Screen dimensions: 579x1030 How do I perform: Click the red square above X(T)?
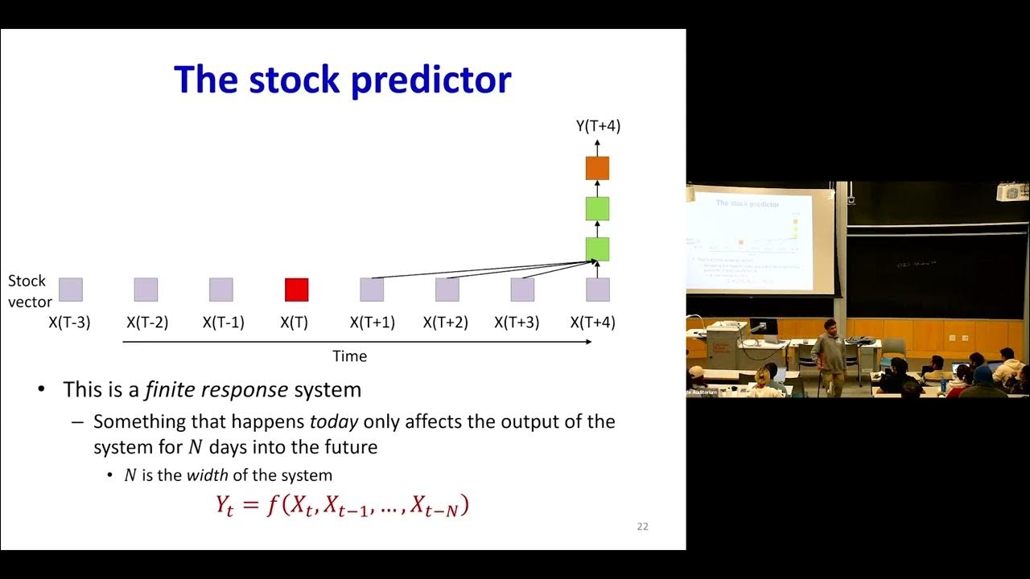click(x=296, y=289)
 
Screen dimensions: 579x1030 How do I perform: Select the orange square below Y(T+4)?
click(x=597, y=168)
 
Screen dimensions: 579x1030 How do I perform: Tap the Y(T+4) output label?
click(x=597, y=125)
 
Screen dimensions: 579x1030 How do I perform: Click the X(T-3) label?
click(x=69, y=322)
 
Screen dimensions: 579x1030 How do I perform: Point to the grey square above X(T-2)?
click(x=146, y=289)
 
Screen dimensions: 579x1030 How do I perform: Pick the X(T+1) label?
click(x=372, y=322)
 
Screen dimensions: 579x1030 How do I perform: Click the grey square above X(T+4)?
click(x=597, y=289)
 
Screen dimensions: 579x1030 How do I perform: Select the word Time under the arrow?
click(x=350, y=355)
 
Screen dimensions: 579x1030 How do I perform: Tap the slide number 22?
click(x=642, y=527)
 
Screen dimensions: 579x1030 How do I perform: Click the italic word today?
click(x=333, y=421)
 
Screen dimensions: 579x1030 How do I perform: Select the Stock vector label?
click(x=30, y=291)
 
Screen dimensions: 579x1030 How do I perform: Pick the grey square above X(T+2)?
click(x=447, y=289)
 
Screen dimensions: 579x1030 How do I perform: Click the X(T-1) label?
click(x=223, y=322)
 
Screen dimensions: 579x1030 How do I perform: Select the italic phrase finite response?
click(x=216, y=391)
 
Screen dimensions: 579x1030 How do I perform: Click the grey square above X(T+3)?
click(x=522, y=289)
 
